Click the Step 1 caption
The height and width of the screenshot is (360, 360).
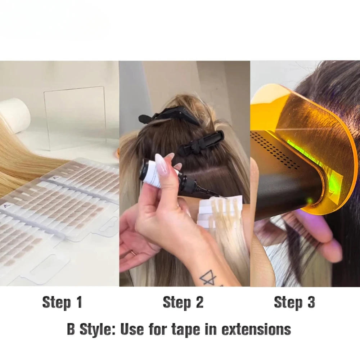tap(62, 303)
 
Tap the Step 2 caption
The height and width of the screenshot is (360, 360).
tap(183, 303)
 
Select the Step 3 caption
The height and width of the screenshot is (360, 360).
tap(294, 303)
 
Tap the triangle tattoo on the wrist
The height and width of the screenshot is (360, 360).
tap(208, 277)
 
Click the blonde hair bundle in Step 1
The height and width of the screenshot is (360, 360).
tap(22, 158)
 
